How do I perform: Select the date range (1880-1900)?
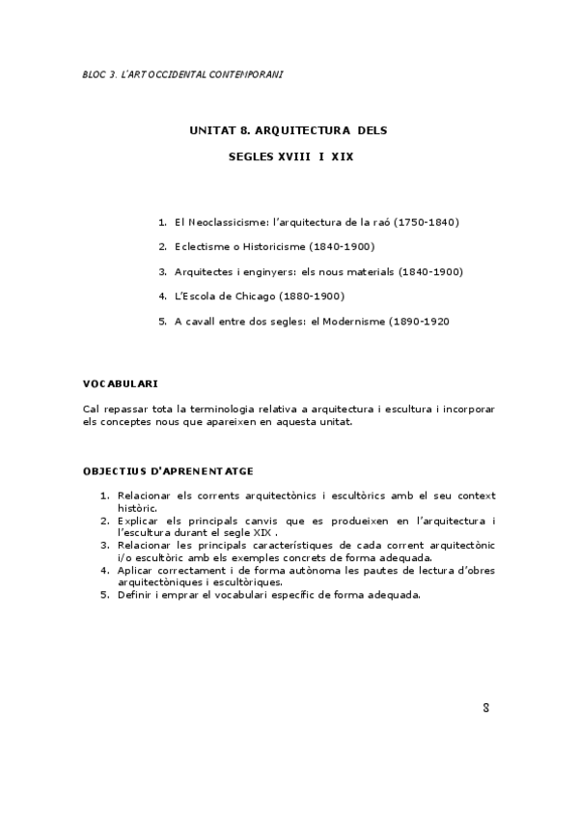312,296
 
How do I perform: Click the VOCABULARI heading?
121,383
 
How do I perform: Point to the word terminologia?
211,409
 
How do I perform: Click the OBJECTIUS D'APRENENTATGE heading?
168,471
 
